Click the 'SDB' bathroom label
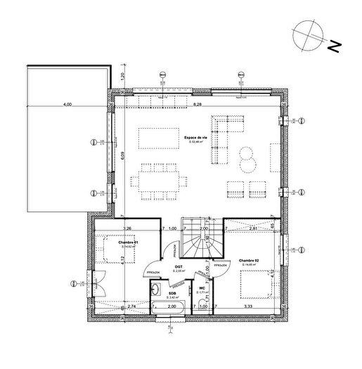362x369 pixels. click(x=172, y=294)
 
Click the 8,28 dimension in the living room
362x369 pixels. click(x=198, y=104)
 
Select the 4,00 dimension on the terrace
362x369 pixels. click(x=67, y=104)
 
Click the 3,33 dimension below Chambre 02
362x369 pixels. click(x=248, y=307)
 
